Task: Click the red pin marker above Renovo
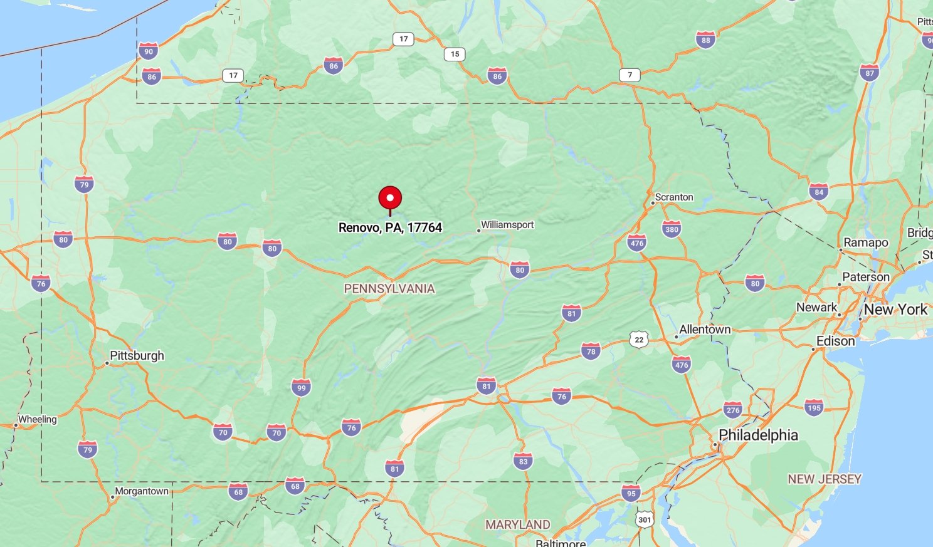(x=390, y=199)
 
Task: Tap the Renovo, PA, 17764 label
(x=390, y=227)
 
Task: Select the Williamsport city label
(x=507, y=225)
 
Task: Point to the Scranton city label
(x=674, y=197)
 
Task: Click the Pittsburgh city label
(x=137, y=356)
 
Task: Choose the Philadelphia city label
(x=758, y=435)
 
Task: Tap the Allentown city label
(x=705, y=330)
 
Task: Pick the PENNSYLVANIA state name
(x=389, y=289)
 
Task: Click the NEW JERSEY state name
(x=825, y=479)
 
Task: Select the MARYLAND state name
(x=518, y=524)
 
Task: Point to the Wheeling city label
(x=38, y=419)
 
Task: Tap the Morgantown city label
(x=142, y=491)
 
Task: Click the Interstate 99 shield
(x=302, y=387)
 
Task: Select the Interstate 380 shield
(x=672, y=229)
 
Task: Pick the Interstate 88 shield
(x=706, y=40)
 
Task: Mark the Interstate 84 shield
(x=819, y=192)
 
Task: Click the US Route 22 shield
(x=638, y=340)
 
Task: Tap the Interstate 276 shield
(x=732, y=410)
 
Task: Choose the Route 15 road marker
(x=455, y=54)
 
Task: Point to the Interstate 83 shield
(x=523, y=462)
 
